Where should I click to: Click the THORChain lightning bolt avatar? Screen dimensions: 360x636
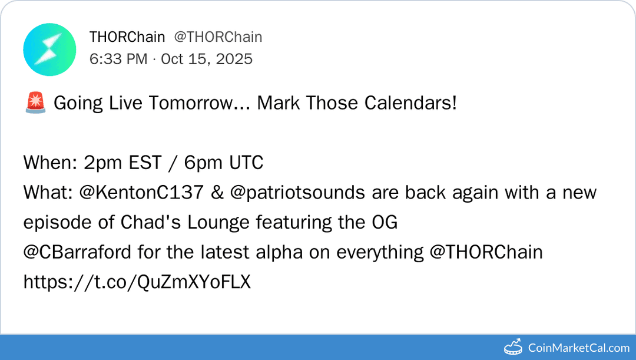(x=49, y=49)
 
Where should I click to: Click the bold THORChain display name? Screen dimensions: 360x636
(x=127, y=37)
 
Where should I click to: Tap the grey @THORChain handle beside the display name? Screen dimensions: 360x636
(x=218, y=37)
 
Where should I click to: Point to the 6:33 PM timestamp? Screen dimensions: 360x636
(x=118, y=59)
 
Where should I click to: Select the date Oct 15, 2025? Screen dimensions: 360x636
(x=207, y=59)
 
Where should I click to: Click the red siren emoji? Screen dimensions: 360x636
(x=35, y=103)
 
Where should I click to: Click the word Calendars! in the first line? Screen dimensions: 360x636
(x=410, y=103)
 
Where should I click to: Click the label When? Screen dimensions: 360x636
(x=47, y=163)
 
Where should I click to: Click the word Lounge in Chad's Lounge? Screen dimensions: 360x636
(x=218, y=222)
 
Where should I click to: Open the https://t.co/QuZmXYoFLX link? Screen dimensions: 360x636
(x=137, y=282)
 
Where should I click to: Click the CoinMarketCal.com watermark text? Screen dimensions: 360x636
(x=578, y=348)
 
